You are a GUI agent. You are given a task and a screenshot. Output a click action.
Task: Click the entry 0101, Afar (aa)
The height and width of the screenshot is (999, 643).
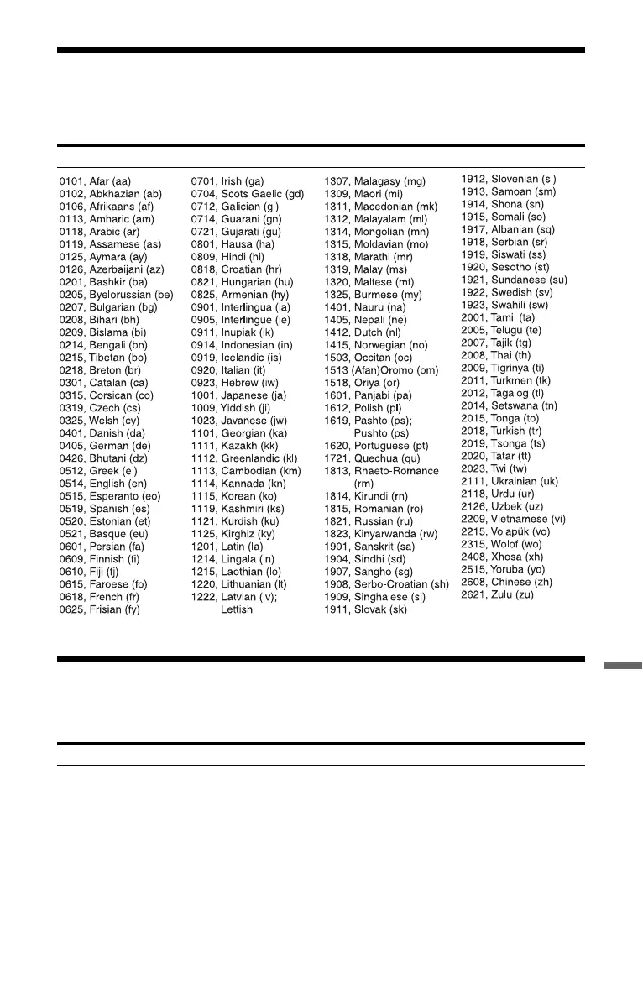95,180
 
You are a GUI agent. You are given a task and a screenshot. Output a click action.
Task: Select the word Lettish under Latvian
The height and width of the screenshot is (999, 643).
236,609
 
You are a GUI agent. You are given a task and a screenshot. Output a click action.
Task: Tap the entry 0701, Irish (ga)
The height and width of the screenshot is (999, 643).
227,180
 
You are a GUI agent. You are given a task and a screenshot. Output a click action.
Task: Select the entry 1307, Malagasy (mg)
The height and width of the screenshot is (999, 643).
374,180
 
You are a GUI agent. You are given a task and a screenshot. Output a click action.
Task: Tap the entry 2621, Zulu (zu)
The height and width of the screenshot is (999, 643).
497,594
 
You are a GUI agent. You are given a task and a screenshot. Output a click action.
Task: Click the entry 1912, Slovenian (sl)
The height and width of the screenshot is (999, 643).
509,178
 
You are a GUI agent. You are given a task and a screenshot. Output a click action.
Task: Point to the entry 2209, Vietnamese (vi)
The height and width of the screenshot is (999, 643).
514,519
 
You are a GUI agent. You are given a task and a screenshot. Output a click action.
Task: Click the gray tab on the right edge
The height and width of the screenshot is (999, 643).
624,669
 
